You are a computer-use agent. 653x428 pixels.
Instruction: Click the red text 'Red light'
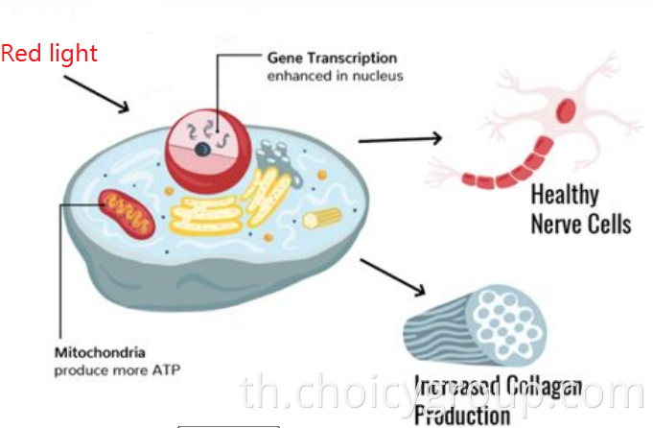pyautogui.click(x=49, y=53)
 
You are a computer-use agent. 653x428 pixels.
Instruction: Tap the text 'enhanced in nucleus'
pyautogui.click(x=335, y=75)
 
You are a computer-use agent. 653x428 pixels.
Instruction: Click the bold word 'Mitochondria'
pyautogui.click(x=93, y=352)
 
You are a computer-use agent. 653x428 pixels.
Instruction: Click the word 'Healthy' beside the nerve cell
pyautogui.click(x=564, y=195)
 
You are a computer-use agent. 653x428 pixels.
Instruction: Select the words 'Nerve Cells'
pyautogui.click(x=580, y=224)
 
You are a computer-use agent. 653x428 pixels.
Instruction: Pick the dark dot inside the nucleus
pyautogui.click(x=202, y=151)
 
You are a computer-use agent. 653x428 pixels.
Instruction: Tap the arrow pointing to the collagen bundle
pyautogui.click(x=393, y=277)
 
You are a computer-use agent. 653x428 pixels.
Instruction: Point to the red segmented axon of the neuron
pyautogui.click(x=506, y=172)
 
